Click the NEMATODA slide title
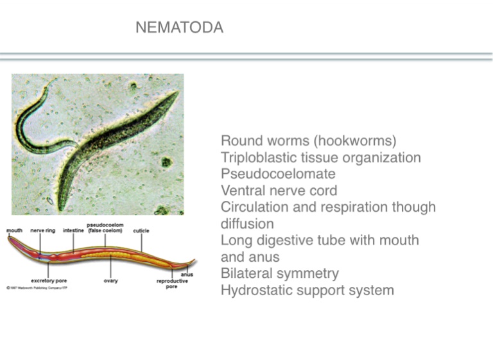[x=180, y=28]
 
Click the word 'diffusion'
[x=247, y=224]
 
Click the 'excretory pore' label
[x=49, y=280]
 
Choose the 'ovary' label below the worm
[x=110, y=280]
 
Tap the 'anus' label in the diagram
[x=187, y=274]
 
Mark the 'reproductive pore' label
[x=172, y=284]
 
